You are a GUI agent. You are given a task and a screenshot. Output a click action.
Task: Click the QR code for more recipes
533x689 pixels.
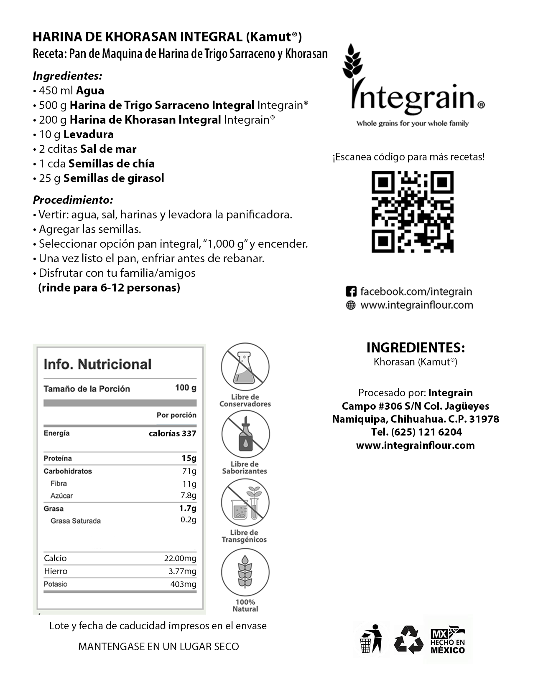tap(412, 211)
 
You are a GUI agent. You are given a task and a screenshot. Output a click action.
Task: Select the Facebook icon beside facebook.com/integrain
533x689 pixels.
tap(351, 291)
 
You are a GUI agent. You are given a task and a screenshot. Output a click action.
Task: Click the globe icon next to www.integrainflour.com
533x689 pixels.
tap(351, 305)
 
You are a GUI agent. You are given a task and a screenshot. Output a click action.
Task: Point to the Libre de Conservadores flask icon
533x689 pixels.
tap(245, 367)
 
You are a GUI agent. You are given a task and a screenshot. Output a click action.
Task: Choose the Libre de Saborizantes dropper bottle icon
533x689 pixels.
tap(245, 434)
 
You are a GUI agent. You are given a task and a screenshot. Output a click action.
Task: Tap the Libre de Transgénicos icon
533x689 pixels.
tap(245, 502)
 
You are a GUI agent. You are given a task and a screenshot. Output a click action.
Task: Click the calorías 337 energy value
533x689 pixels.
tap(172, 433)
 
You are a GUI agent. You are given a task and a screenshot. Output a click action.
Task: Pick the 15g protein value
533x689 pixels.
tap(189, 458)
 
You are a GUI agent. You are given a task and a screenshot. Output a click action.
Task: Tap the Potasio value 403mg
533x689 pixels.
tap(183, 584)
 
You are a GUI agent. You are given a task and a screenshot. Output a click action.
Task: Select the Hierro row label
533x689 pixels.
tap(56, 571)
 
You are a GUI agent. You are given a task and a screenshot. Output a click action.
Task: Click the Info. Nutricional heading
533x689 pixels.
tap(97, 364)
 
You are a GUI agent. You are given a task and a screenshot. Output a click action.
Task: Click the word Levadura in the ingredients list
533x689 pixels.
tap(89, 134)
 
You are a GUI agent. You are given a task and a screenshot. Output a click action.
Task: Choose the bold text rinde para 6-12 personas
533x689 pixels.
tap(109, 288)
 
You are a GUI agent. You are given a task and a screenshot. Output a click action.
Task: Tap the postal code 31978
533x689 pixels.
tap(485, 419)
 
